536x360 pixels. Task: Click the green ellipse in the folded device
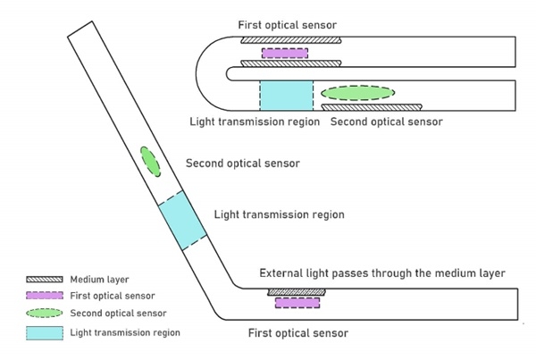click(x=356, y=92)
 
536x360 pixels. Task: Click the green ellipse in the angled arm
click(x=149, y=162)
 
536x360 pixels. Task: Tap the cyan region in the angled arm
click(x=182, y=221)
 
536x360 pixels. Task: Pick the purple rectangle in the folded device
click(x=285, y=52)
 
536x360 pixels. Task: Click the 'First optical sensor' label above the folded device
click(x=287, y=23)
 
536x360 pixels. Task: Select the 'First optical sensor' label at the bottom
click(x=297, y=333)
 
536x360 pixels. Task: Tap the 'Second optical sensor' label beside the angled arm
click(x=241, y=163)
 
